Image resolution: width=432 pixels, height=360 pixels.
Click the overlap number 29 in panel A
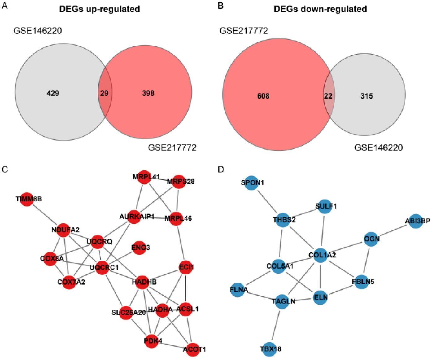[104, 93]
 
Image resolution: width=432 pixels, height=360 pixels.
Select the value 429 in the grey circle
[53, 93]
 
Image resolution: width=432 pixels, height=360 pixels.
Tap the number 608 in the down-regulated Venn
[263, 96]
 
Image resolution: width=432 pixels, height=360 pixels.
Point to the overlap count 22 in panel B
[328, 96]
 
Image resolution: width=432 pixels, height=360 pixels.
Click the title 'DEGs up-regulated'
[99, 9]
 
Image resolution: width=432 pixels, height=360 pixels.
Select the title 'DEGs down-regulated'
[320, 9]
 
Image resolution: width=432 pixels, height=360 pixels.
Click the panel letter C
[5, 169]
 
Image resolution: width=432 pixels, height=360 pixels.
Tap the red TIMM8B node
[27, 199]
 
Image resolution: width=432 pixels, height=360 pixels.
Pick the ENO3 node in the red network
[139, 248]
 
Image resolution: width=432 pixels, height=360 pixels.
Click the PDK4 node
[151, 341]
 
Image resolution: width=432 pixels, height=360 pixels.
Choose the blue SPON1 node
[251, 183]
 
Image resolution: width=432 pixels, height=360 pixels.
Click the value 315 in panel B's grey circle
[366, 96]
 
